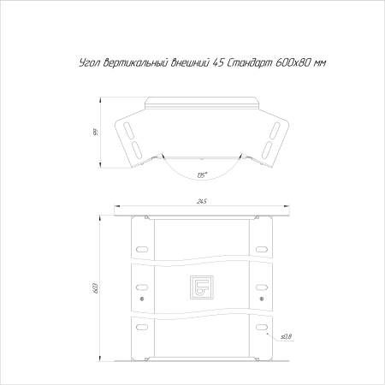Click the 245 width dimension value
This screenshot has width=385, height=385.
click(201, 201)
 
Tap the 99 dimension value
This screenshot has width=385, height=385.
click(97, 133)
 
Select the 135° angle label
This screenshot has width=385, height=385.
click(202, 175)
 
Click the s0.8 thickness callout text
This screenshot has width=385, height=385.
click(287, 337)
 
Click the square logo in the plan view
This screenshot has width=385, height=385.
click(202, 287)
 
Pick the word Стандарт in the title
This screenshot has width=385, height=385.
click(250, 62)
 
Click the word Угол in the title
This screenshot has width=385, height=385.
click(90, 63)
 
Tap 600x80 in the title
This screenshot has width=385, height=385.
click(293, 62)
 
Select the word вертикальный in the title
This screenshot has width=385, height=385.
click(135, 63)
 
